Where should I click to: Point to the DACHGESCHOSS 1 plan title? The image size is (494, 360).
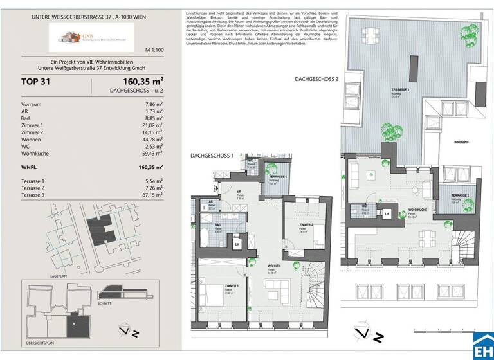213,156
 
